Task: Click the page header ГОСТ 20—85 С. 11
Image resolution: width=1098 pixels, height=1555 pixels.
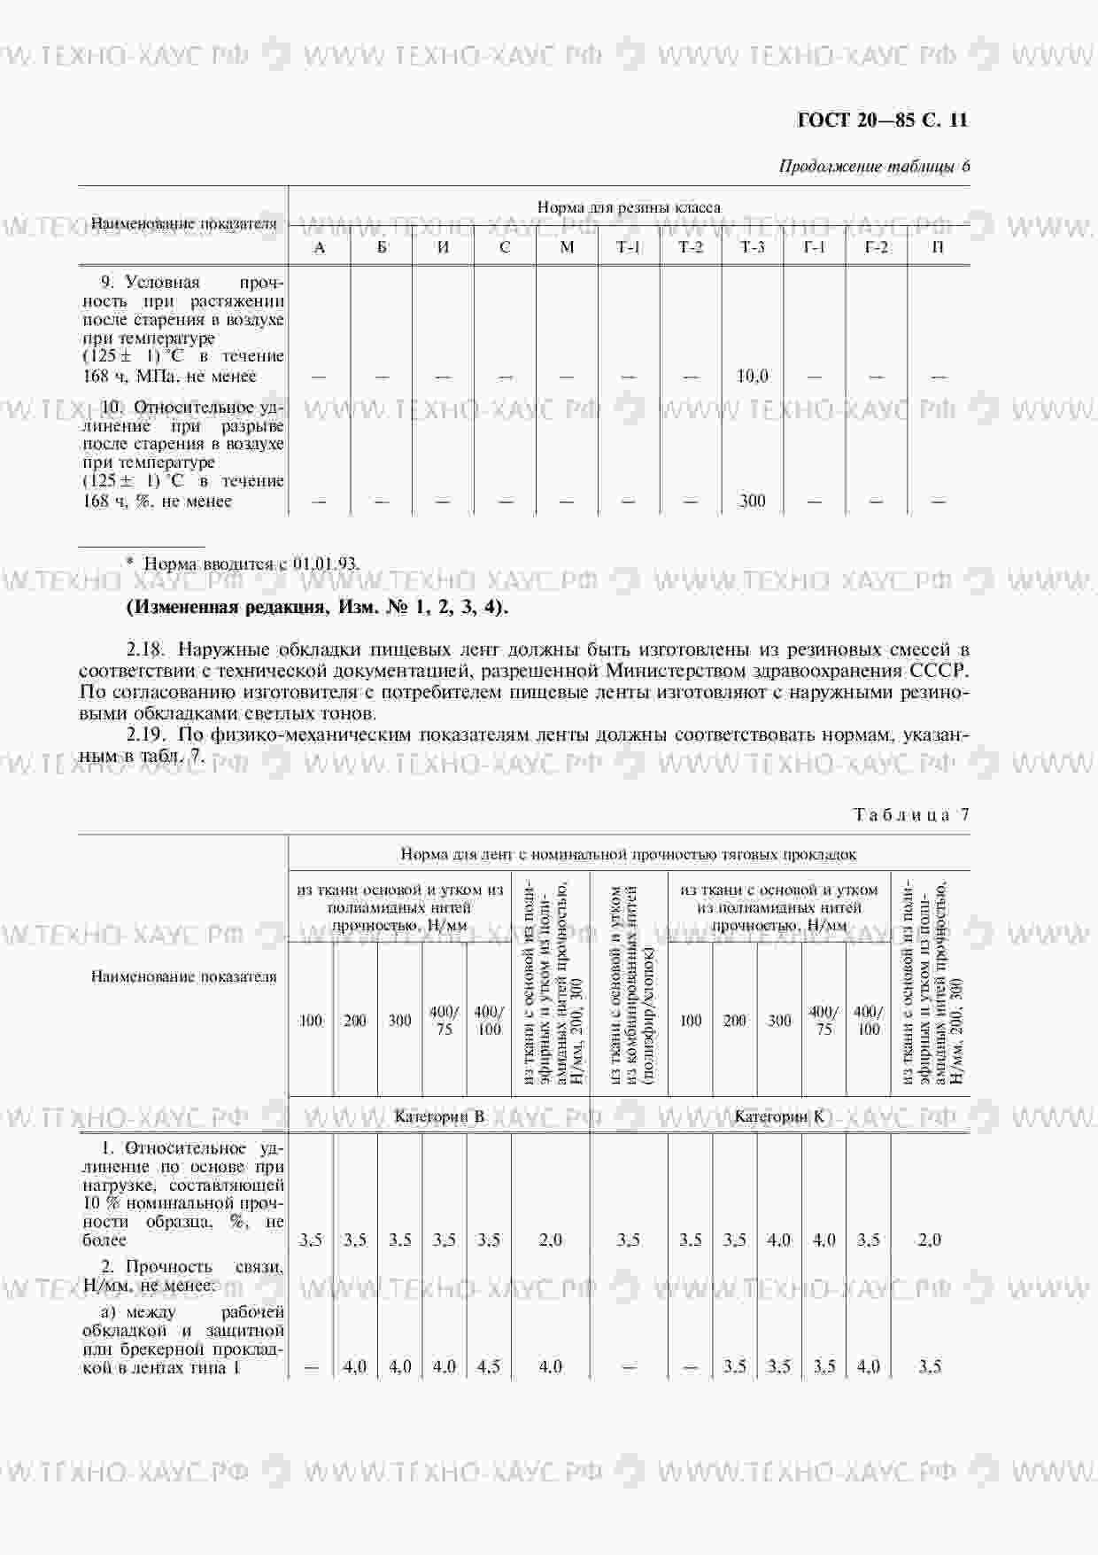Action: pos(882,120)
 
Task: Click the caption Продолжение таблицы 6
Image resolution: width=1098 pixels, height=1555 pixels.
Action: pos(874,167)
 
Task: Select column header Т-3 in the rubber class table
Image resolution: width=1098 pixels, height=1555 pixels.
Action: pos(752,247)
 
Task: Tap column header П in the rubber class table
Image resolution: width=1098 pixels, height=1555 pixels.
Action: pos(938,247)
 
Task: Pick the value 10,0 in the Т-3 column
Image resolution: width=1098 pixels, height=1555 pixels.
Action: pos(752,377)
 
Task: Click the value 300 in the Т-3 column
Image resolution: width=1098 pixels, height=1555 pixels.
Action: pos(752,501)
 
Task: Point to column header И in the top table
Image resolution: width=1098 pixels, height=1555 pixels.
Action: pos(443,247)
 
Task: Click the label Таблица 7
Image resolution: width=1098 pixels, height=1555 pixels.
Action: pos(911,815)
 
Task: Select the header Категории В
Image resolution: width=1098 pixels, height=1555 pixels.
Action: pos(439,1116)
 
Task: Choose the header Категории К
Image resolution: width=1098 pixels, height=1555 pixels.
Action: pos(779,1116)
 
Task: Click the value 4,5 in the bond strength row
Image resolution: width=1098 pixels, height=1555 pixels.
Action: pos(489,1367)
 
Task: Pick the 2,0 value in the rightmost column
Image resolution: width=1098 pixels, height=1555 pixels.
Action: pos(930,1240)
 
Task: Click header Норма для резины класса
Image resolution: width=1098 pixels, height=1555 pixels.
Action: pos(629,207)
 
